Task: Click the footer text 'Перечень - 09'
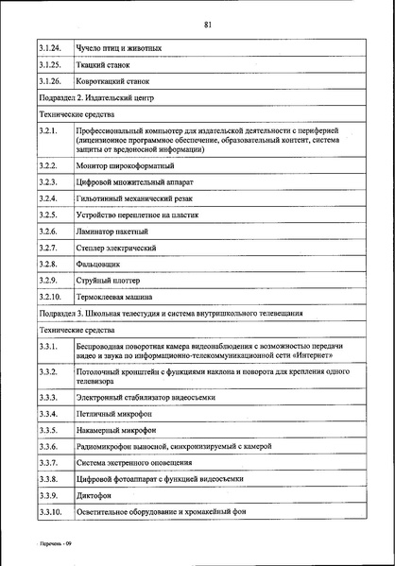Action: point(45,548)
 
